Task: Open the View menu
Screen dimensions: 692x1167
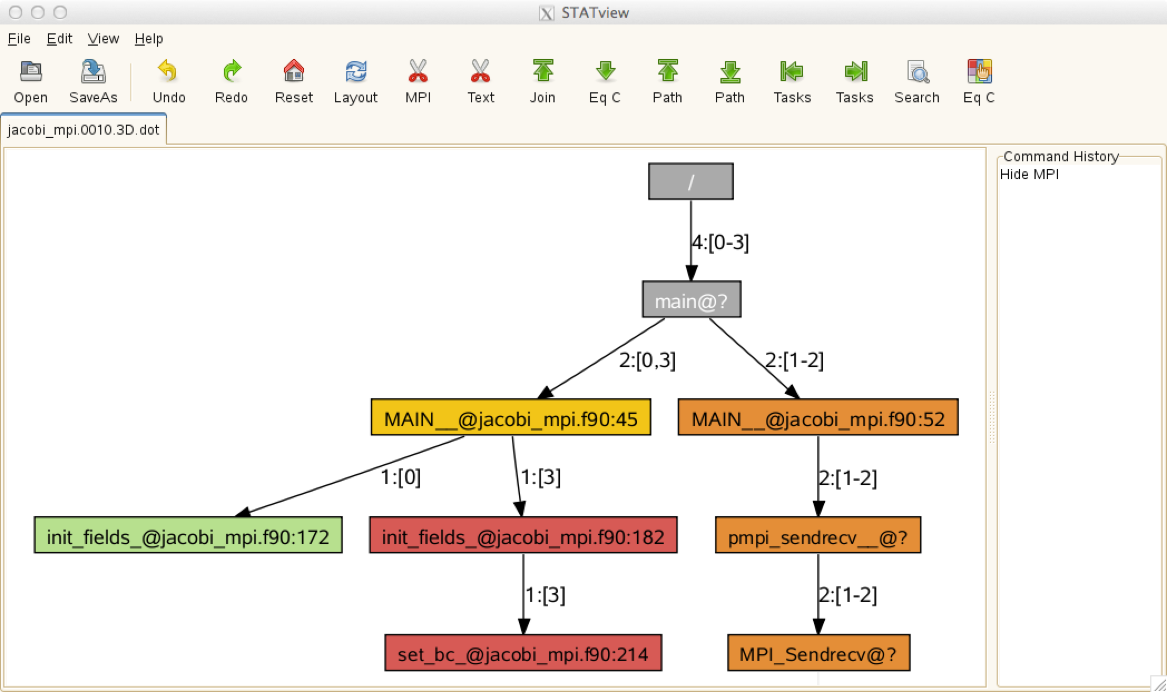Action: click(103, 39)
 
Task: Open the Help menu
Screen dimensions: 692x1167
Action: click(149, 39)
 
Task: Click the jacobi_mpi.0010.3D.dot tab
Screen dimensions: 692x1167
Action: click(84, 130)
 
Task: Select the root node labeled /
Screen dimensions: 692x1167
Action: click(690, 181)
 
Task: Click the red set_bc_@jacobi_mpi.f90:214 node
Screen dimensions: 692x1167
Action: click(523, 653)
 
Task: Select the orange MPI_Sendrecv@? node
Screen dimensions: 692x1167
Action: click(818, 653)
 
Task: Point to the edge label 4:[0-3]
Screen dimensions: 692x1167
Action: click(720, 242)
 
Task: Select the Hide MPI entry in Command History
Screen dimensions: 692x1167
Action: click(1029, 175)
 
